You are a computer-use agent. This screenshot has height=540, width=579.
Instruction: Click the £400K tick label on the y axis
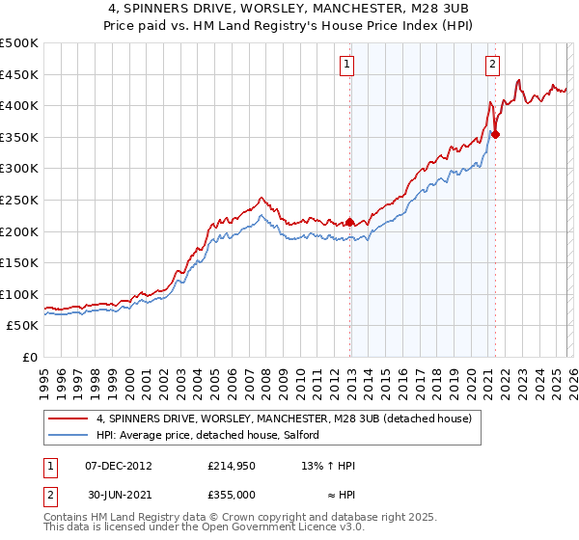[x=19, y=105]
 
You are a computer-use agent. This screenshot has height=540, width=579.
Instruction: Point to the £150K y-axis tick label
[x=19, y=262]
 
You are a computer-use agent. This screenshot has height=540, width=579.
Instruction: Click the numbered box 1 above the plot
[x=346, y=65]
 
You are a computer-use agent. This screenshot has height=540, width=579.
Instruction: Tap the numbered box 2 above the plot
[x=492, y=65]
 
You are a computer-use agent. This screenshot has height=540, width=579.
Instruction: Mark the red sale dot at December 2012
[x=349, y=222]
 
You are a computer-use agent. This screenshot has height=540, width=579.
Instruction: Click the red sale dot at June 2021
[x=495, y=134]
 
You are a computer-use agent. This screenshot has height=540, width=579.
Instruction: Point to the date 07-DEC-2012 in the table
[x=119, y=466]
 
